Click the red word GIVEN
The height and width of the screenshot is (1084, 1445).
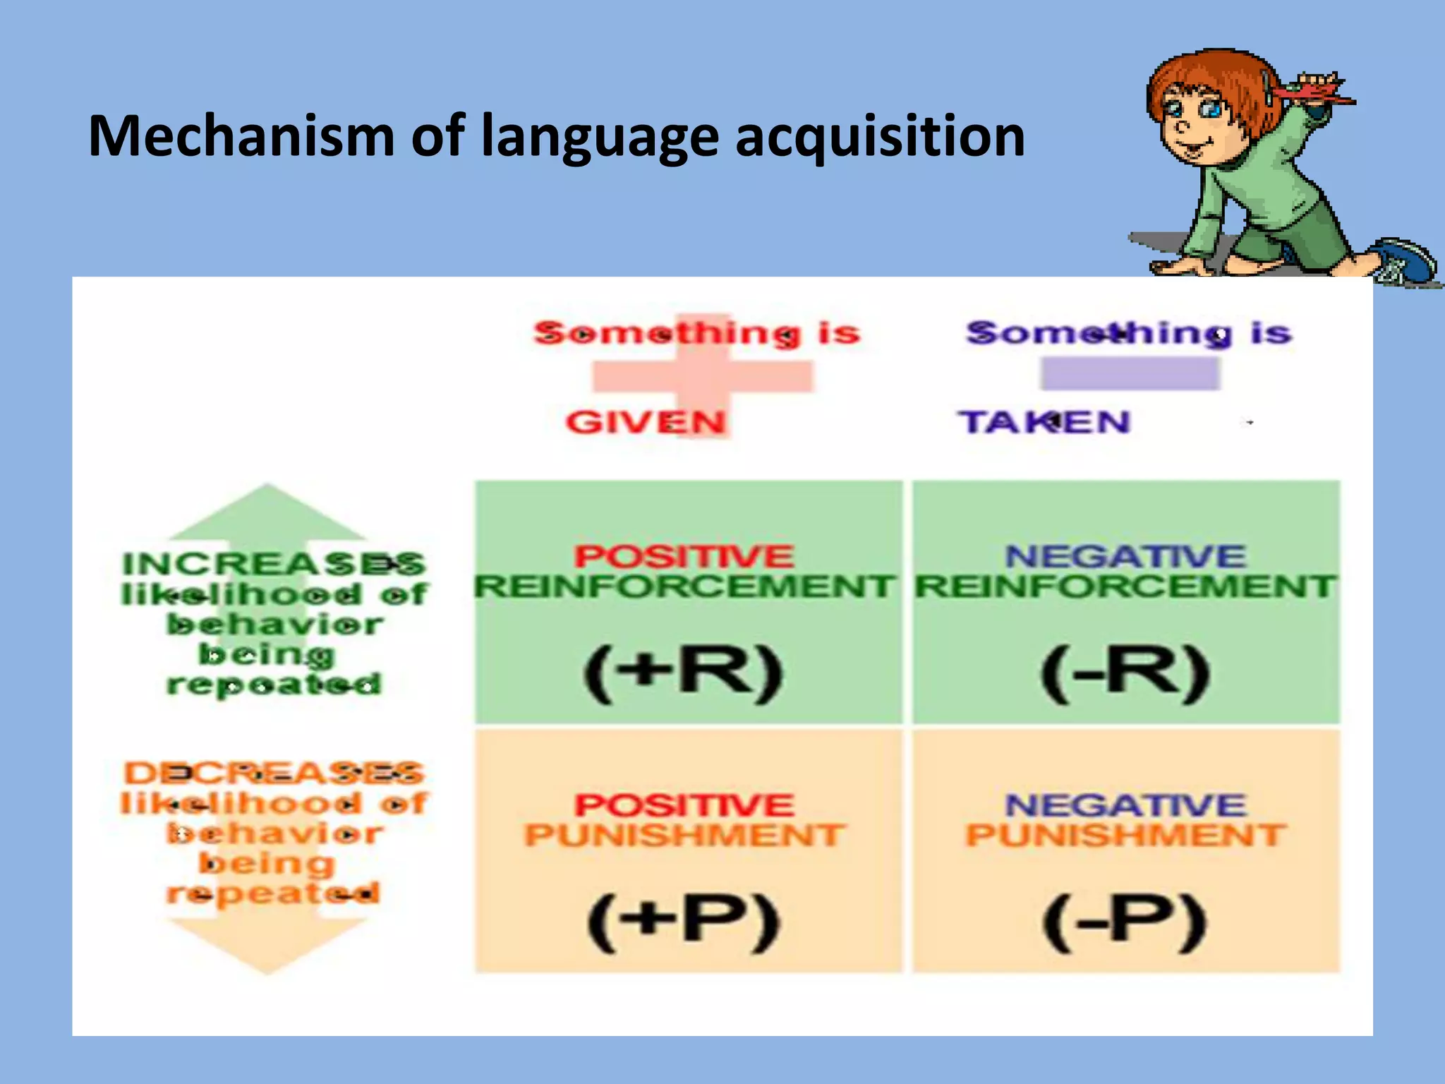coord(646,422)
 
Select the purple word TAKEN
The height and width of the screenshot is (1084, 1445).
coord(1044,422)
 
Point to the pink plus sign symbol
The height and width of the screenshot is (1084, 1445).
coord(702,375)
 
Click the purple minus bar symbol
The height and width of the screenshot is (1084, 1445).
coord(1130,373)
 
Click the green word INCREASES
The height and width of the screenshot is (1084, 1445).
coord(274,564)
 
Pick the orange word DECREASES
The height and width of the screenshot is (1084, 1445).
coord(274,773)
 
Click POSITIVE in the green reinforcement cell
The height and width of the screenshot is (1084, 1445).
coord(684,556)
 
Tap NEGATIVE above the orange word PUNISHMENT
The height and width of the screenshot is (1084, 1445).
coord(1125,805)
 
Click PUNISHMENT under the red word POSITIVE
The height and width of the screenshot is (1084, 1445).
coord(684,836)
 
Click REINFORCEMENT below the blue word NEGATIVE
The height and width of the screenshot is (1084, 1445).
coord(1125,586)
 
